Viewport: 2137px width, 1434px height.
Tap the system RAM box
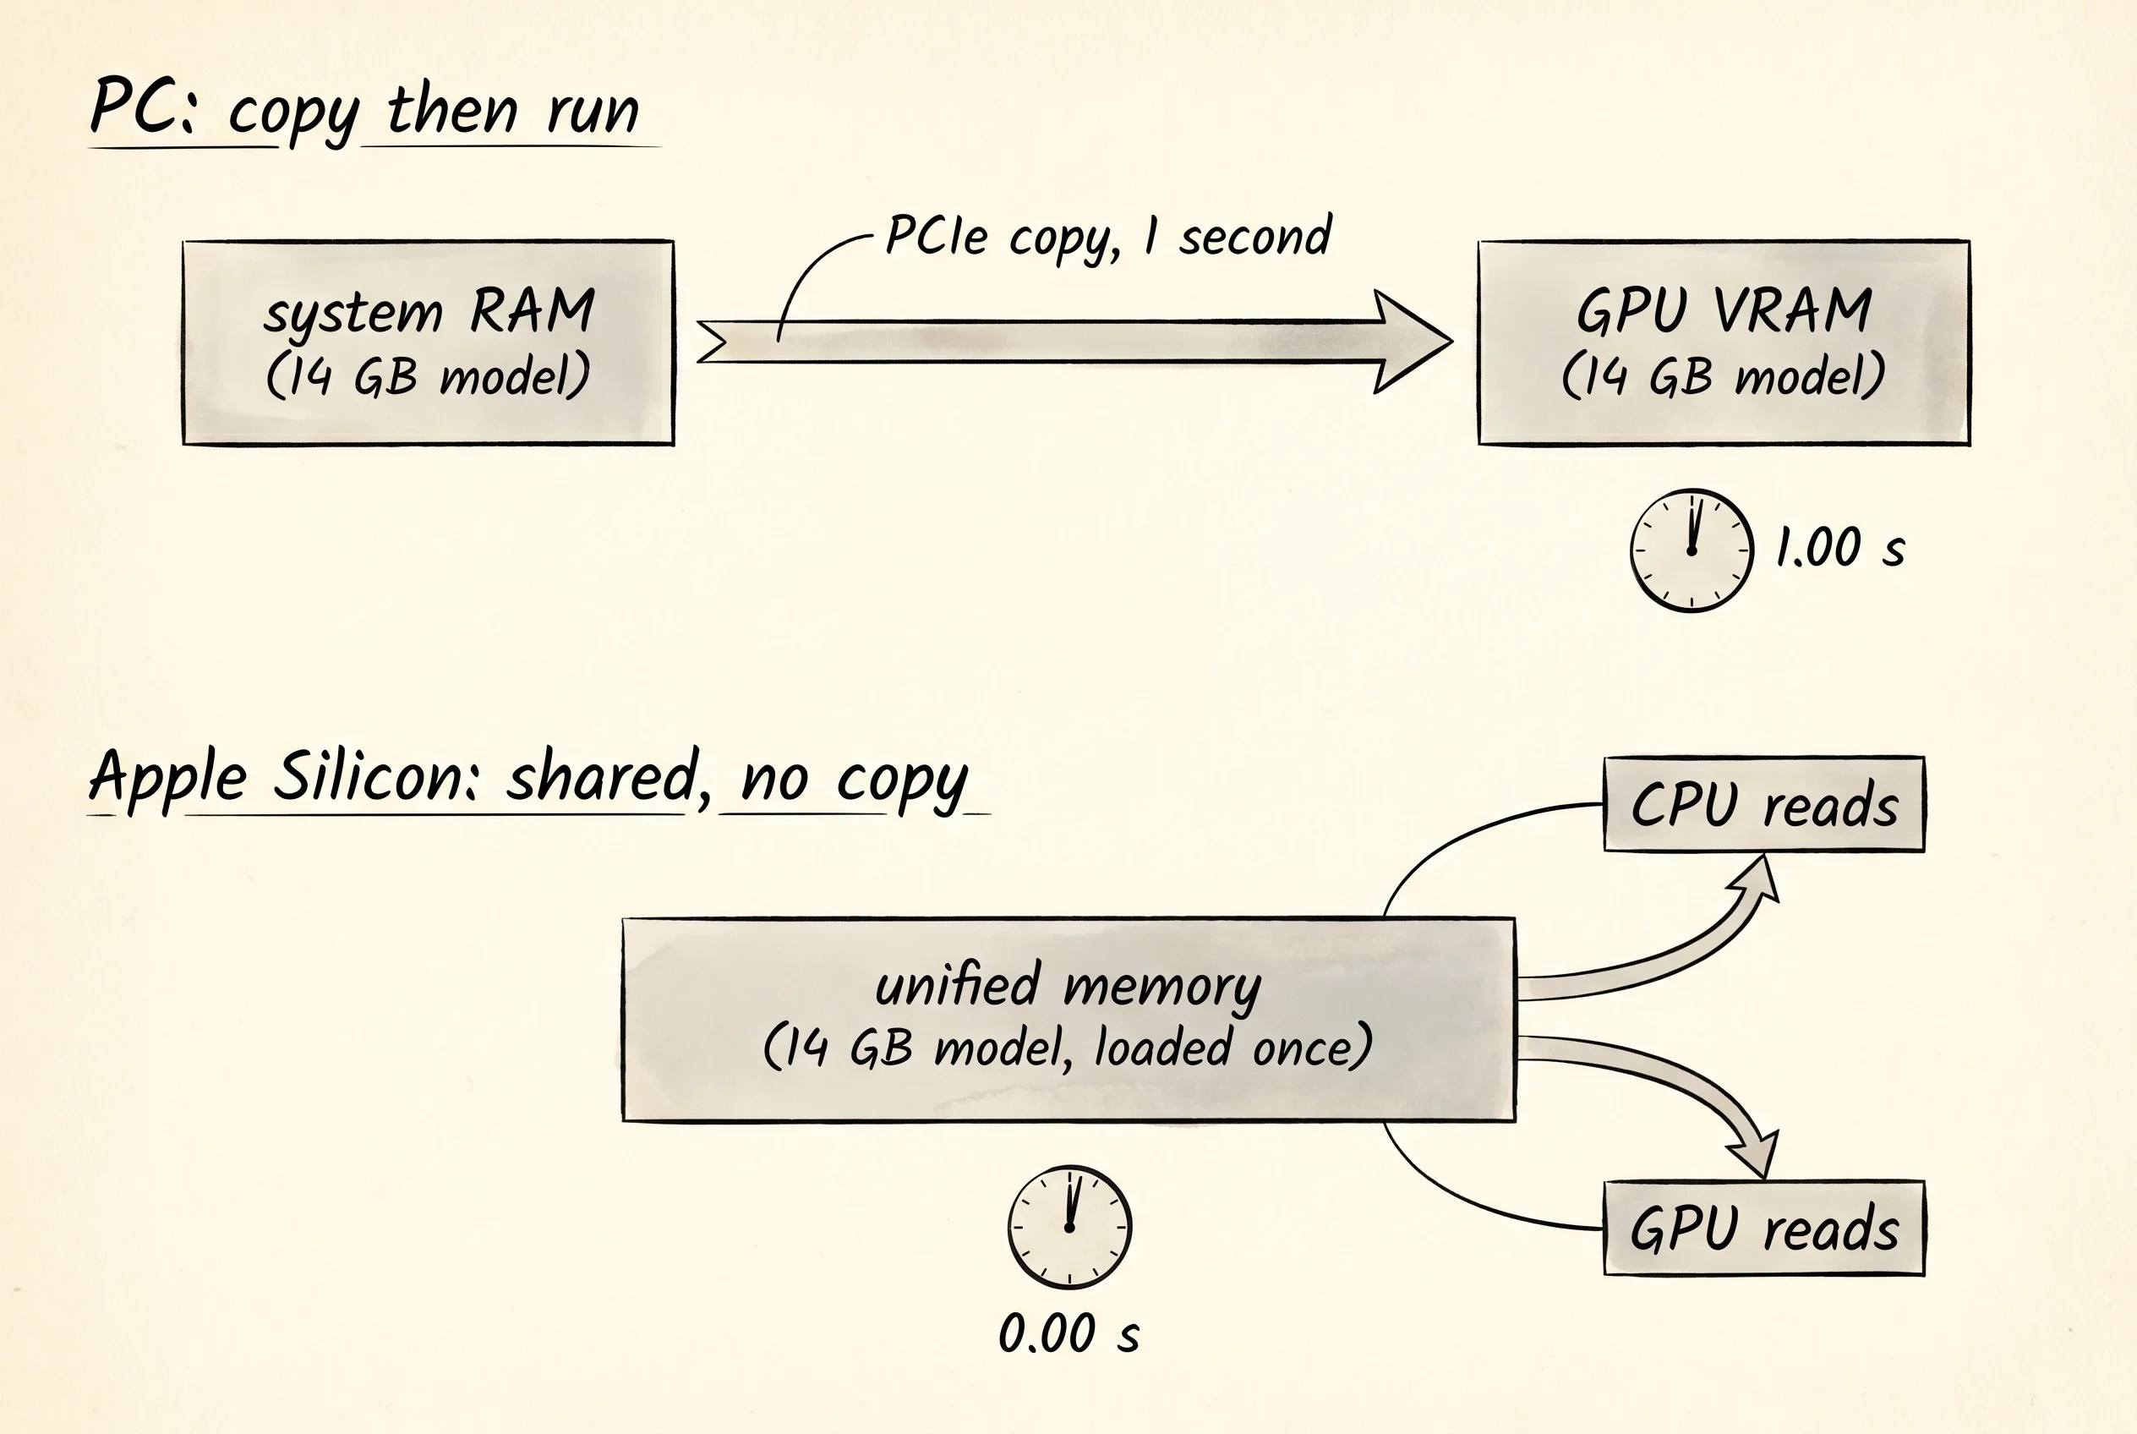(x=428, y=343)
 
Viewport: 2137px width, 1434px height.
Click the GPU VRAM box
(x=1724, y=343)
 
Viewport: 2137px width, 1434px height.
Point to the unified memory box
(x=1068, y=1020)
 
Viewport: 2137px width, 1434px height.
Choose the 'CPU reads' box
(x=1764, y=804)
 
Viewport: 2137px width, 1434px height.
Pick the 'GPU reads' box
(x=1764, y=1228)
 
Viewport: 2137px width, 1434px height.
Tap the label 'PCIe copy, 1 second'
(x=1108, y=237)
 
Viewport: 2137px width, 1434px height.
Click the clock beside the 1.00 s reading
(x=1692, y=550)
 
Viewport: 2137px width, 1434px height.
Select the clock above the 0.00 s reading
(x=1069, y=1228)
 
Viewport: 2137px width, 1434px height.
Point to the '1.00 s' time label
(x=1839, y=548)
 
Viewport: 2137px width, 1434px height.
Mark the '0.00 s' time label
(x=1068, y=1333)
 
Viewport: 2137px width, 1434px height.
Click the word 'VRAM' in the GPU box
(x=1792, y=310)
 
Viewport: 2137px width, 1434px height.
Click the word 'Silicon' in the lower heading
(x=376, y=776)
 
